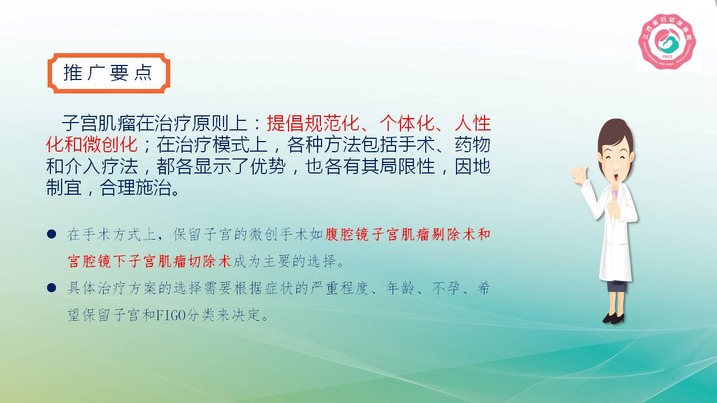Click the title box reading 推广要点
[x=109, y=73]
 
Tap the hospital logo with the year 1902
[x=667, y=41]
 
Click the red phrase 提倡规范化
[x=313, y=123]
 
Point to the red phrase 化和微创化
[x=92, y=144]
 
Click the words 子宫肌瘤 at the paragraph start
[x=98, y=123]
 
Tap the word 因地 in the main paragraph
[x=472, y=166]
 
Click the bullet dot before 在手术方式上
[x=52, y=234]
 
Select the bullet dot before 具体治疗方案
[x=52, y=288]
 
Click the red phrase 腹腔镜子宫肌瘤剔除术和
[x=407, y=235]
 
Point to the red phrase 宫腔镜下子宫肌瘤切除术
[x=150, y=261]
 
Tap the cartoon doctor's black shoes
[x=613, y=318]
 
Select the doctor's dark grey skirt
[x=617, y=286]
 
